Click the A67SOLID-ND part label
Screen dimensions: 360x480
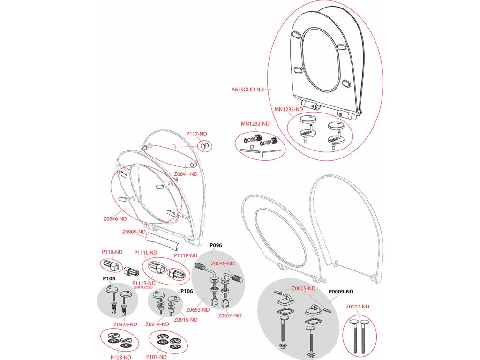(x=247, y=90)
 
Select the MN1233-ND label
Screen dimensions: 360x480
(x=289, y=109)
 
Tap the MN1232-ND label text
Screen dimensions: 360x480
(x=255, y=124)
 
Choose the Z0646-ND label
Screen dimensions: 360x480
(x=115, y=218)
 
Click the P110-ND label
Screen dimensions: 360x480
(x=112, y=252)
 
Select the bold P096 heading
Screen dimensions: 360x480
(x=216, y=245)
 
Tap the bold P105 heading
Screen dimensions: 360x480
(x=109, y=278)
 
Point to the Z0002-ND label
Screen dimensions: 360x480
(x=358, y=307)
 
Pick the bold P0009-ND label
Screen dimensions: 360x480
(x=341, y=291)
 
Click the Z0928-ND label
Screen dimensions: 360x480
(x=125, y=324)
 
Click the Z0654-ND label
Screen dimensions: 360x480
(x=230, y=315)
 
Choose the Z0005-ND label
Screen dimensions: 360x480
(x=303, y=288)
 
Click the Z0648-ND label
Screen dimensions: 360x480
(x=223, y=263)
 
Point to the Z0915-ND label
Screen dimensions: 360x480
(x=186, y=320)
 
